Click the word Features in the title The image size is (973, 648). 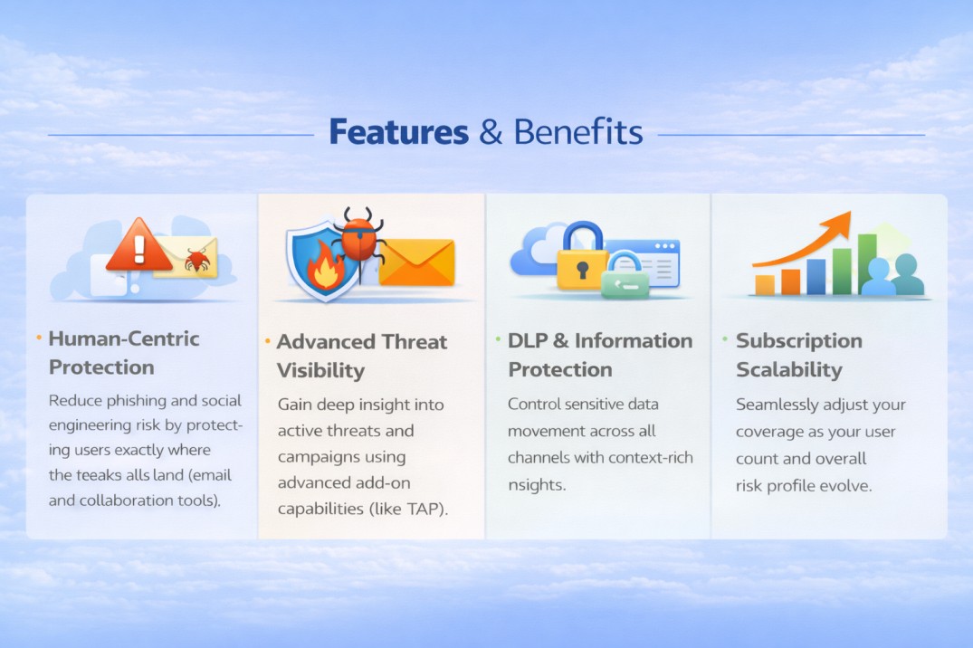pyautogui.click(x=397, y=133)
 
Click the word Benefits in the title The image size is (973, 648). pyautogui.click(x=577, y=133)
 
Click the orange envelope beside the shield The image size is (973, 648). pyautogui.click(x=416, y=262)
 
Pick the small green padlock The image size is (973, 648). pyautogui.click(x=625, y=276)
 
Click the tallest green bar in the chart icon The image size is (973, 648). pyautogui.click(x=866, y=263)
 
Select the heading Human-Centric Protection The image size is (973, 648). pyautogui.click(x=123, y=353)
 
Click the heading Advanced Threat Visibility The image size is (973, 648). pyautogui.click(x=361, y=356)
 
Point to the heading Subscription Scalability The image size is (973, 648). pyautogui.click(x=798, y=355)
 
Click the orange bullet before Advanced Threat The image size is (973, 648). pyautogui.click(x=268, y=342)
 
